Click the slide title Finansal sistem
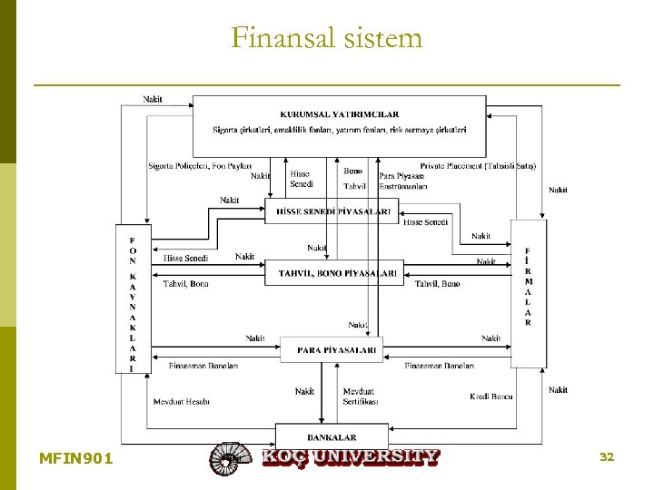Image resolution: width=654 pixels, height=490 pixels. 327,38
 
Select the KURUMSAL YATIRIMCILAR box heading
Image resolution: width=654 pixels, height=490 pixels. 339,114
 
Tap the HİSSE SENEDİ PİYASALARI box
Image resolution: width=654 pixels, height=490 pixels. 333,211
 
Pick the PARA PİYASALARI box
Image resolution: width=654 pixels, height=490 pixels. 337,348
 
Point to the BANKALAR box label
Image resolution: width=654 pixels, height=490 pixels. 332,437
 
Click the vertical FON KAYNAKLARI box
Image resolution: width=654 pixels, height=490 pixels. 132,299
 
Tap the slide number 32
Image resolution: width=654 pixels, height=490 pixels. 607,456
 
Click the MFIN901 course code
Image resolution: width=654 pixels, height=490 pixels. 76,458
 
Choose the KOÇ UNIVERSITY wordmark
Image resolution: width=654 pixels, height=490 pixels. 351,456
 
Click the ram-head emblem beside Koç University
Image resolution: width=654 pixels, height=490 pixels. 229,458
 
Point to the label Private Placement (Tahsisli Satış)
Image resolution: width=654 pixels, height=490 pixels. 478,166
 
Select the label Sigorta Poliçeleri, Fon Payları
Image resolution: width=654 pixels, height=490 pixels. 200,166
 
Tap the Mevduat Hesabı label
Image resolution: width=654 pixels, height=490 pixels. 182,401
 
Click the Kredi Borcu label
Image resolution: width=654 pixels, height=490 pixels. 491,397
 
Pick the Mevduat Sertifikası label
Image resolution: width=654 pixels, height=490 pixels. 361,397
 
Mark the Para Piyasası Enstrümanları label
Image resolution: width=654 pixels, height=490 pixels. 402,181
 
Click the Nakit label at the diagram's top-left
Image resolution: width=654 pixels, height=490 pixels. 153,99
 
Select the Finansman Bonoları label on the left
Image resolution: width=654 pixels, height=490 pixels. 203,366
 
